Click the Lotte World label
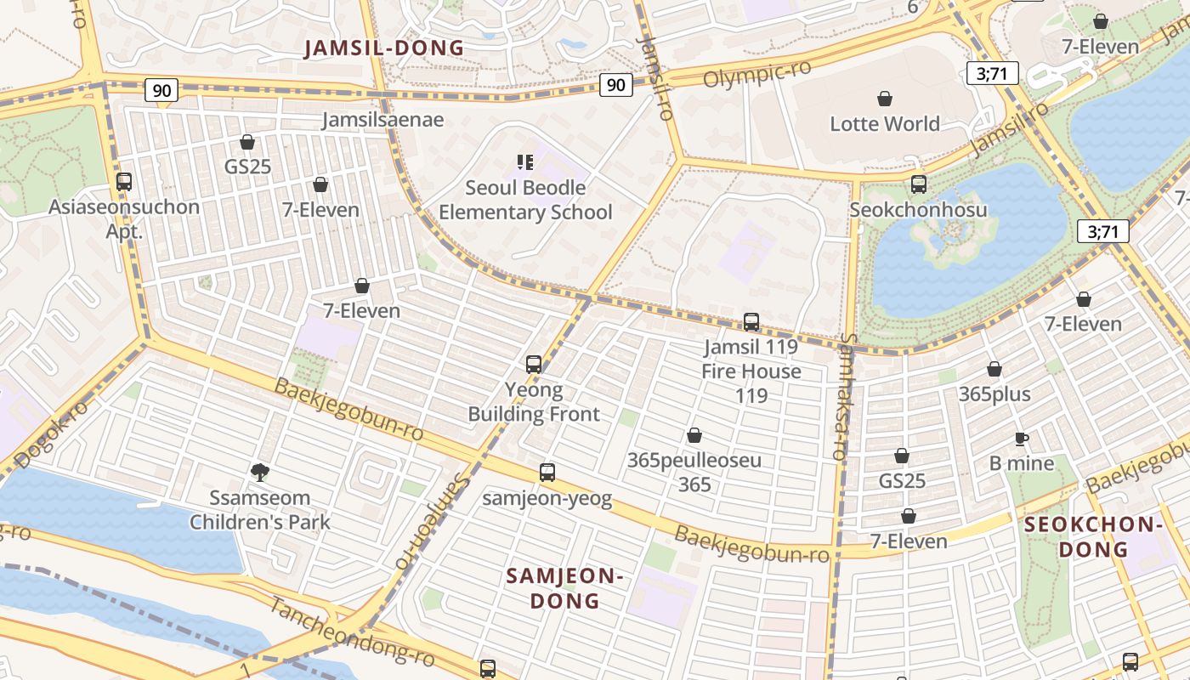coord(885,124)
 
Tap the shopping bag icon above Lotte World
coord(885,99)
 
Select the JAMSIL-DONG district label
coord(385,48)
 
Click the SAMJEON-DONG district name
coord(565,588)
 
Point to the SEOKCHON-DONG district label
coord(1093,536)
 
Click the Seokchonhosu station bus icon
coord(918,184)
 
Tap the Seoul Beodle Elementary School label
coord(525,200)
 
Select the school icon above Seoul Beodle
coord(524,161)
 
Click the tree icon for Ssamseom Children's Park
coord(260,471)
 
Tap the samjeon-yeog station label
coord(547,498)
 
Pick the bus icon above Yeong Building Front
coord(534,365)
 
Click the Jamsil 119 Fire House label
coord(751,371)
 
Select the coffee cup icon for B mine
coord(1022,439)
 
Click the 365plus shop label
coord(994,394)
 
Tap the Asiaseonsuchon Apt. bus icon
coord(124,182)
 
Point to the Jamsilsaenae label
coord(382,120)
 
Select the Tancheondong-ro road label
coord(353,632)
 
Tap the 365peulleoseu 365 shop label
coord(694,473)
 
